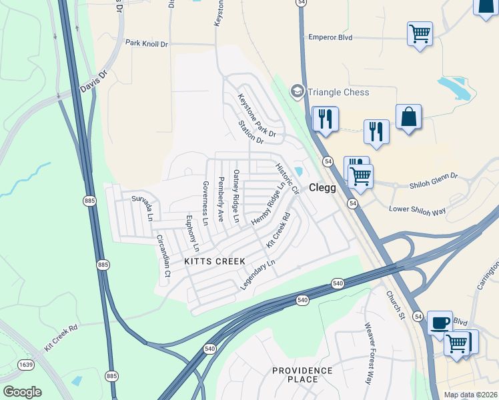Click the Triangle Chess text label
(x=338, y=92)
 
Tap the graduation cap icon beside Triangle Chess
(x=296, y=91)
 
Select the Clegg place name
(x=322, y=188)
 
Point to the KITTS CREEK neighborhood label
(x=214, y=261)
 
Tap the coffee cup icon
(x=440, y=323)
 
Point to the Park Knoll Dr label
(x=147, y=43)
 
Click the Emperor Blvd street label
(x=330, y=37)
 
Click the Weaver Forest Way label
(x=368, y=354)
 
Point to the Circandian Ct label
(x=163, y=255)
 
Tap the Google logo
(x=22, y=392)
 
